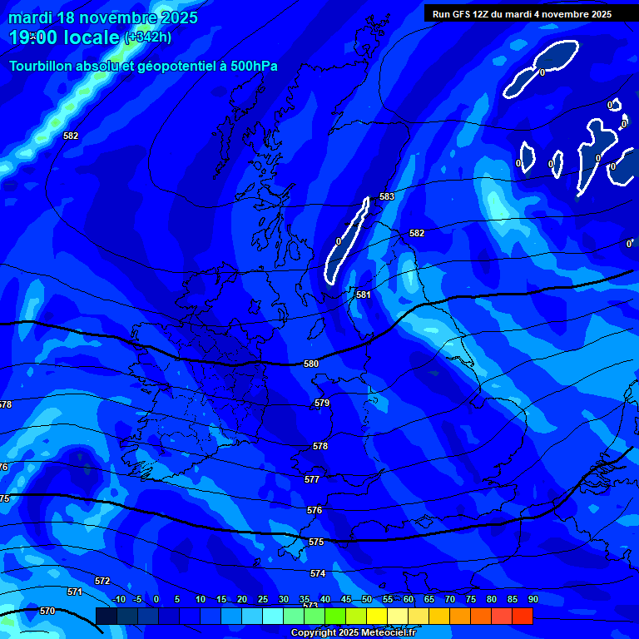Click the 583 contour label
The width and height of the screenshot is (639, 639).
387,196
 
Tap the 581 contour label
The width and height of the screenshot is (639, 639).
364,295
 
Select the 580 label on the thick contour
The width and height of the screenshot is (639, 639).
311,364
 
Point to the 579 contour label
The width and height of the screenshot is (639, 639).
322,403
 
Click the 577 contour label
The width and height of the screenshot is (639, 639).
312,479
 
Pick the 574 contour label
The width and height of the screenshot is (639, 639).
318,573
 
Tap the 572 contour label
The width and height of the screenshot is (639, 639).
102,581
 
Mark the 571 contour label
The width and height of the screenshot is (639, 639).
75,592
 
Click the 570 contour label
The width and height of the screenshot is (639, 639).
47,611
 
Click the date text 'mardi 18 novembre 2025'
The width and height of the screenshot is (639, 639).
103,17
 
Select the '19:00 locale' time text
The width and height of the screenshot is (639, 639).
65,37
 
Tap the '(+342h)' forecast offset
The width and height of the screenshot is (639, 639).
148,37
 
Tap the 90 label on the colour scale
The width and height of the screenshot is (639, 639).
532,599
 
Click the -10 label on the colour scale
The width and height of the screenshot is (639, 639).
119,599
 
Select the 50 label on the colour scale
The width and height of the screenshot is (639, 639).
367,599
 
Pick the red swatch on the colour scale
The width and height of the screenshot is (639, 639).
522,616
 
